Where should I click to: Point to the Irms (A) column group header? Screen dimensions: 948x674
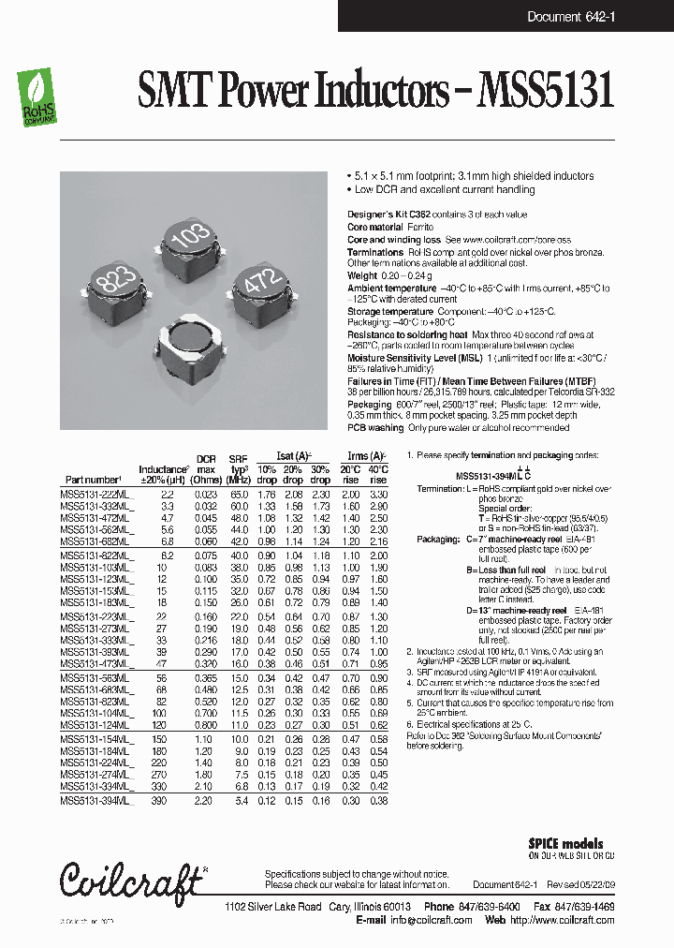(x=365, y=452)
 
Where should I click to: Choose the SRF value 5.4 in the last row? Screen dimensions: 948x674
(x=241, y=801)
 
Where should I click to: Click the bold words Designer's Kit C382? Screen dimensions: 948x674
(x=389, y=215)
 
